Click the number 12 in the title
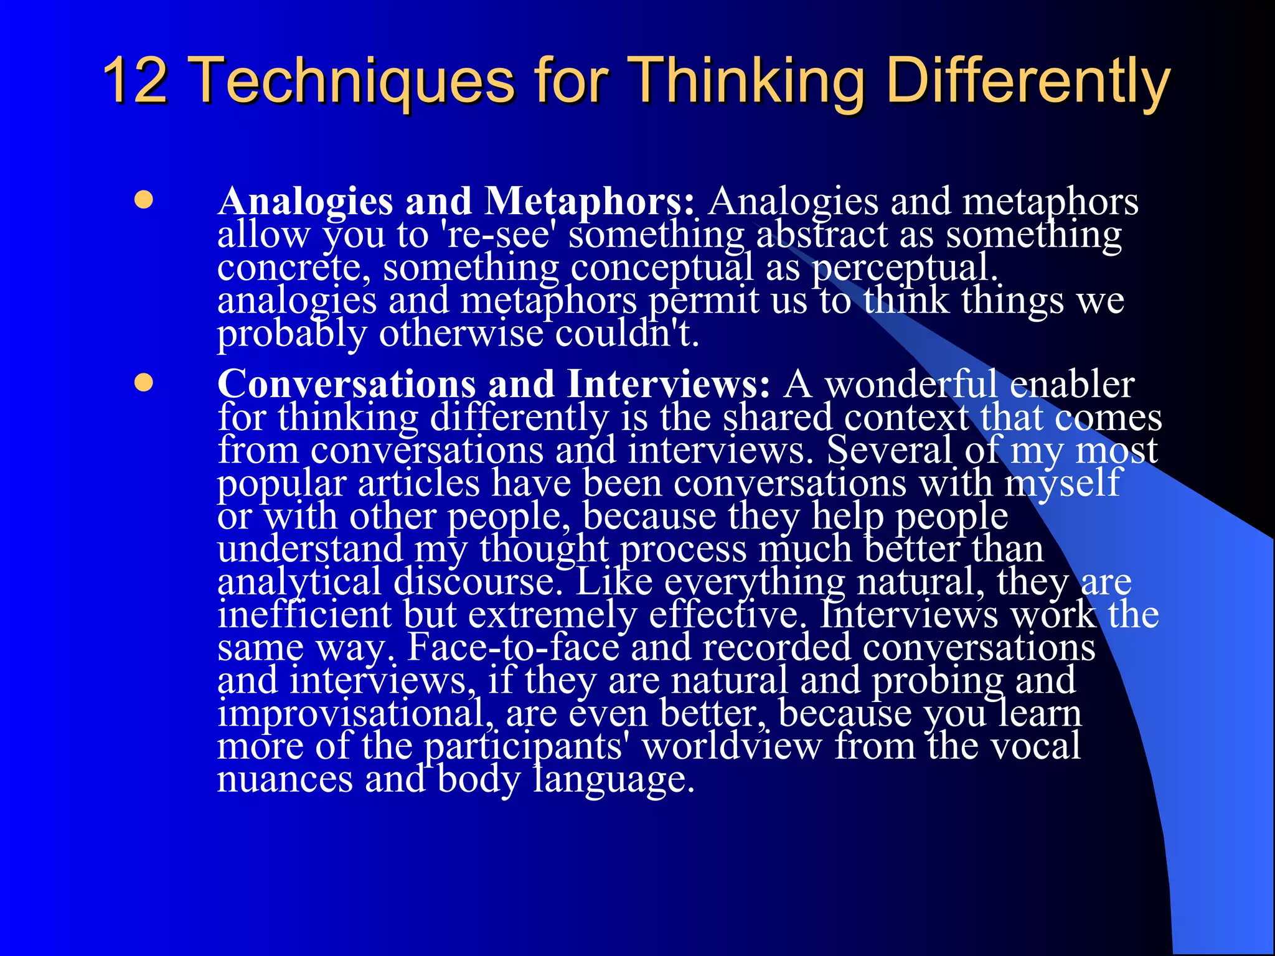136,81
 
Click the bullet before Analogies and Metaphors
144,200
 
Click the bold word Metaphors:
589,202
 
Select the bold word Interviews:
669,384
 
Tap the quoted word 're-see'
497,235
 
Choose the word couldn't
626,334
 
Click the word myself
1062,483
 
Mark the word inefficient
304,614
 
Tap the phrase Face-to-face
513,647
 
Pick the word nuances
285,779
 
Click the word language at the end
613,780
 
